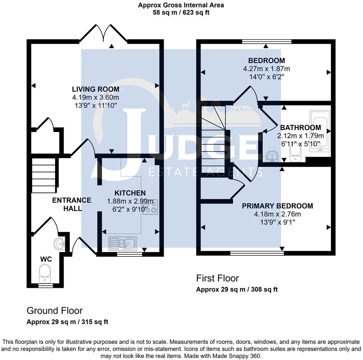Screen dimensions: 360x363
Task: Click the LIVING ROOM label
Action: pos(95,89)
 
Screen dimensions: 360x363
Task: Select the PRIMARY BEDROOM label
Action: pos(277,206)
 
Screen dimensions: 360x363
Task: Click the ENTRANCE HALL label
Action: pos(72,204)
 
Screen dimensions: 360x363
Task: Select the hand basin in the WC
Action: pos(59,244)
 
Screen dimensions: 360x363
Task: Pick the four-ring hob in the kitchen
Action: pos(150,207)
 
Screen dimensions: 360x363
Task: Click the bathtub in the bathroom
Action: pos(320,132)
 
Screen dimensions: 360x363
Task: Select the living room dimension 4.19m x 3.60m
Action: pos(95,97)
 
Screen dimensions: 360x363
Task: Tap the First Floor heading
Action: pos(217,278)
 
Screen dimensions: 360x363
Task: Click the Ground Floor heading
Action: pos(55,311)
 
